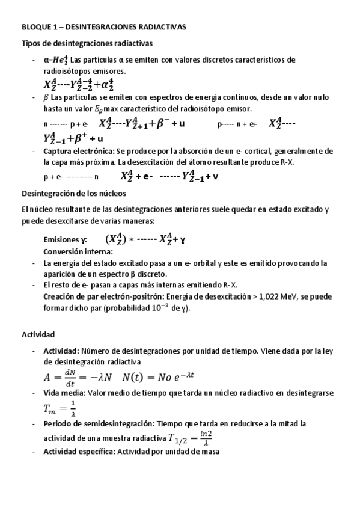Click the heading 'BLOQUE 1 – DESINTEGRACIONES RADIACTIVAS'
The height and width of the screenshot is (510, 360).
104,27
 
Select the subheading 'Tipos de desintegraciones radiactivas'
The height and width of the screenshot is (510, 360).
87,43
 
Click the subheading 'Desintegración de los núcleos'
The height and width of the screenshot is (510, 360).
74,194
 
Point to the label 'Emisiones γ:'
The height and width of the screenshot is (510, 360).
66,239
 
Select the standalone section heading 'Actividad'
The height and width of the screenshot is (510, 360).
38,334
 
